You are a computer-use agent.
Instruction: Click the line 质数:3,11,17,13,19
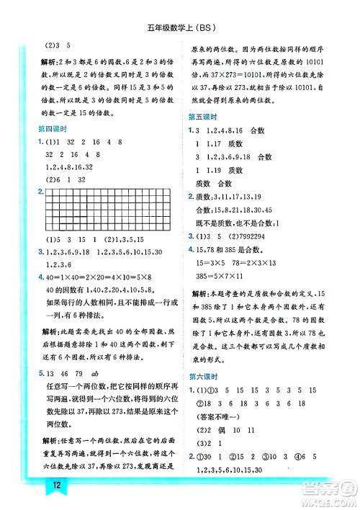coord(234,196)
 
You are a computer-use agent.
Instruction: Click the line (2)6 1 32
coord(66,180)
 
